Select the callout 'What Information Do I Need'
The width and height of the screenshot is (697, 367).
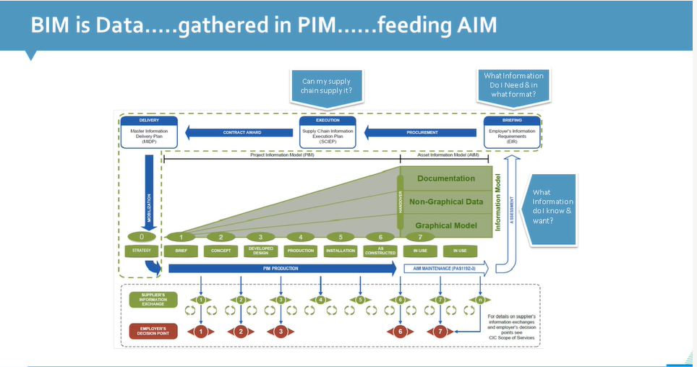click(513, 85)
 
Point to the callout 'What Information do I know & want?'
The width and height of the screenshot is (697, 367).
click(553, 207)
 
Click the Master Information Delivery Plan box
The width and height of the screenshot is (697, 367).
click(144, 131)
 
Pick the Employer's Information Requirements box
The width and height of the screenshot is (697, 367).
click(513, 131)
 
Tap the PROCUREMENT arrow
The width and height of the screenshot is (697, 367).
click(422, 132)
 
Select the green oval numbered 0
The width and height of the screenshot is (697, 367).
click(142, 236)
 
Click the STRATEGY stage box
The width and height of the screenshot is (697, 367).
click(142, 251)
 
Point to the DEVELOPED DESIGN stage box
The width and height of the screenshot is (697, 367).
click(260, 251)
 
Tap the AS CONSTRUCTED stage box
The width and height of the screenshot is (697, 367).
click(380, 251)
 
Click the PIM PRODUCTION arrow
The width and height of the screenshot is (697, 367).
click(282, 269)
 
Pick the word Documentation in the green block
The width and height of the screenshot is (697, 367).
click(446, 178)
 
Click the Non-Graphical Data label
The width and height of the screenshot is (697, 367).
click(446, 202)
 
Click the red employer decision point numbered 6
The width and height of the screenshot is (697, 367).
click(400, 332)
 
